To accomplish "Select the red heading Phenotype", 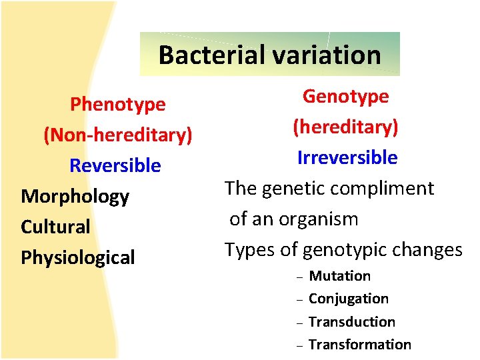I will pyautogui.click(x=118, y=105).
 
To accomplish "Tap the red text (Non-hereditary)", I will pyautogui.click(x=118, y=135).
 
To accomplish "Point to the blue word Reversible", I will pyautogui.click(x=115, y=165).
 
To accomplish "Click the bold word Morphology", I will pyautogui.click(x=75, y=197).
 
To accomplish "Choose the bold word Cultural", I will pyautogui.click(x=55, y=227).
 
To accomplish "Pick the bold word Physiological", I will pyautogui.click(x=78, y=257).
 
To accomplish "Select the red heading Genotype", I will pyautogui.click(x=345, y=97).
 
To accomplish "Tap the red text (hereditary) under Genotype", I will pyautogui.click(x=345, y=127).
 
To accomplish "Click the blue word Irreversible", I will pyautogui.click(x=347, y=158).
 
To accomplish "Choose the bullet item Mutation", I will pyautogui.click(x=340, y=276).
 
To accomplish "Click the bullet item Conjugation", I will pyautogui.click(x=349, y=299).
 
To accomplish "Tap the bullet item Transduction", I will pyautogui.click(x=352, y=322).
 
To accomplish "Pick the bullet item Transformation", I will pyautogui.click(x=360, y=345).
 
